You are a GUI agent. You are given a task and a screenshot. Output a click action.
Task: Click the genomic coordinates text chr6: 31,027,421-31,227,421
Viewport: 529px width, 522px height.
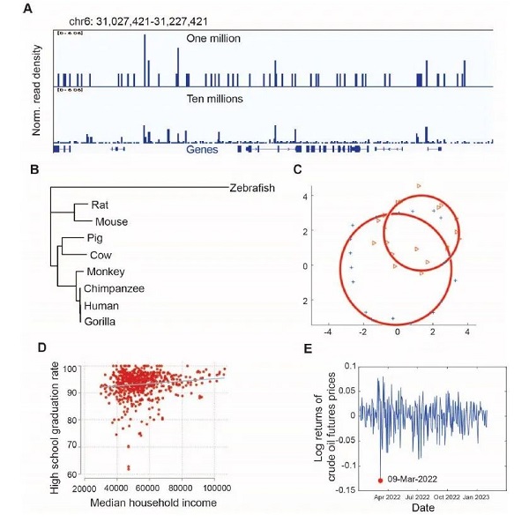tap(140, 20)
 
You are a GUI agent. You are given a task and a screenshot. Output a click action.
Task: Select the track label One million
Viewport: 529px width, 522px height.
tap(214, 39)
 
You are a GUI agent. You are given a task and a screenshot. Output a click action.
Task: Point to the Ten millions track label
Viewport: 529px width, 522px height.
tap(214, 100)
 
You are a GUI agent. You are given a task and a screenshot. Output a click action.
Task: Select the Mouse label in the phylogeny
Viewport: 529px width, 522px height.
tap(111, 222)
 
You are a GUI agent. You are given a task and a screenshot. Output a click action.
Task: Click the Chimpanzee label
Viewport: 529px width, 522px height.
tap(115, 288)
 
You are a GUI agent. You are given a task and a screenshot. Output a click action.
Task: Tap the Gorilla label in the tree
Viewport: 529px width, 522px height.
tap(99, 321)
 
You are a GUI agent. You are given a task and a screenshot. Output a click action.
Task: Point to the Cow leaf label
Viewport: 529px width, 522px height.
tap(101, 255)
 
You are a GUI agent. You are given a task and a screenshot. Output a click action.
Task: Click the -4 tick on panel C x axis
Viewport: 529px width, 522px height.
tap(327, 332)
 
